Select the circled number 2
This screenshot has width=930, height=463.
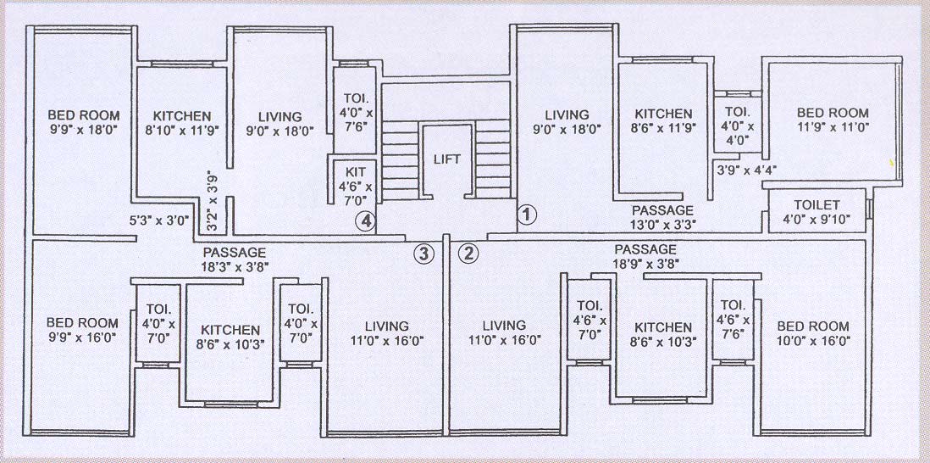[468, 252]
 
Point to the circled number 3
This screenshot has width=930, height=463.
[423, 252]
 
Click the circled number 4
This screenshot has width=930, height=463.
[365, 220]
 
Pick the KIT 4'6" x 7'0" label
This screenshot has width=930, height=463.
[350, 181]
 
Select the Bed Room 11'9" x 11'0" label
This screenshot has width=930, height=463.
[833, 121]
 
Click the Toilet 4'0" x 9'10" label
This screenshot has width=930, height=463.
[817, 213]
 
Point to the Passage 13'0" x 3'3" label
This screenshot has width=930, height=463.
[663, 218]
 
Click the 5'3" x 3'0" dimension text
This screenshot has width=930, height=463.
[157, 220]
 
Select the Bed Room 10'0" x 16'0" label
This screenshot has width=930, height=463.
[813, 333]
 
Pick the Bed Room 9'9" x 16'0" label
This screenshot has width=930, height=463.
[82, 330]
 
